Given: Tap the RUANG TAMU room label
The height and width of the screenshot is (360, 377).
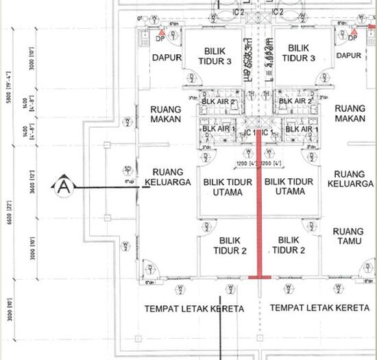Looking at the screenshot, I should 348,237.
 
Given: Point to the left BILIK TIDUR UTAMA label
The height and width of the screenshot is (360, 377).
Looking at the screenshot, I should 224,186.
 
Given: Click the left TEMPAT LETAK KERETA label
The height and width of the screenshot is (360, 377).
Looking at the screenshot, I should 194,309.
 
